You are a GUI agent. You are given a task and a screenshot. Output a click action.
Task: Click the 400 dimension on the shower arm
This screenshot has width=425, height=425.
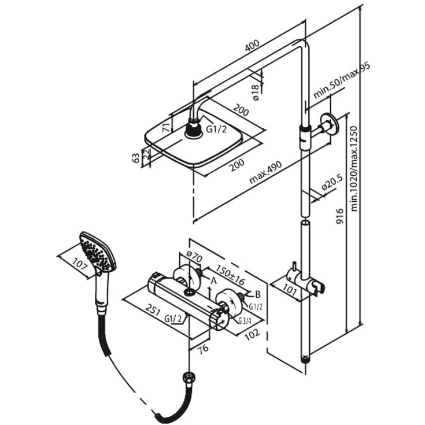point(252,45)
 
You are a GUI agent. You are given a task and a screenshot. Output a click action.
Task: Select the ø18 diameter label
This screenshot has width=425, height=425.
point(256,93)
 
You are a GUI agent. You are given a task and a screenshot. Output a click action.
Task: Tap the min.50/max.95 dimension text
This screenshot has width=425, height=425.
point(342,81)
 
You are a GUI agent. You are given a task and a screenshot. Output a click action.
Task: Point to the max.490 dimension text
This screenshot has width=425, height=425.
point(265,172)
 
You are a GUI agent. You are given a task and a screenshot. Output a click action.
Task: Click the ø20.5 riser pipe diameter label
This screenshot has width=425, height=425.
point(332,183)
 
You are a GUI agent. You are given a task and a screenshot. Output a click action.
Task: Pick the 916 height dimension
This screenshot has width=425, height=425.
point(339,216)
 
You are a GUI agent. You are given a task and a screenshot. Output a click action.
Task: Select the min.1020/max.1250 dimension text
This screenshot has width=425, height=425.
point(354,169)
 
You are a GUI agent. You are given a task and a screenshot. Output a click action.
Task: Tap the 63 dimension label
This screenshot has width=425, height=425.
point(135,158)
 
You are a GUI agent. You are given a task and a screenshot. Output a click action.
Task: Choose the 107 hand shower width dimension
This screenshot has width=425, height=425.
point(80,264)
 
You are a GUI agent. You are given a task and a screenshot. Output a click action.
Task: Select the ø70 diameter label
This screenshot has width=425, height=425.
point(194,256)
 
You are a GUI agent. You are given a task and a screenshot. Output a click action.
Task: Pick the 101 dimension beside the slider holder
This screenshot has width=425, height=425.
point(290,290)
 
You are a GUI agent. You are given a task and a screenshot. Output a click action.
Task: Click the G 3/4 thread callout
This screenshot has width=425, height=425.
point(245,321)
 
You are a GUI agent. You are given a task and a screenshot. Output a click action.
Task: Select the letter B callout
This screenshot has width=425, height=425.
point(258,294)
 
